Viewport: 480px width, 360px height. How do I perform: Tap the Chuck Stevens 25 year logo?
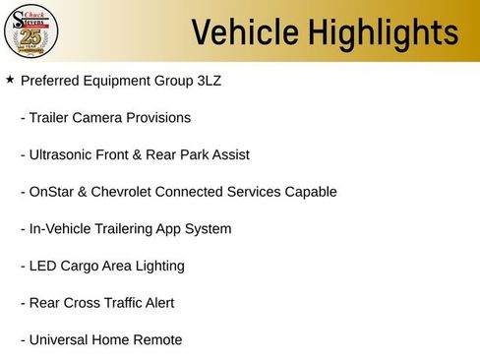pyautogui.click(x=31, y=31)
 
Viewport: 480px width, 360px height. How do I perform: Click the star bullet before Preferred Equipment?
pyautogui.click(x=10, y=80)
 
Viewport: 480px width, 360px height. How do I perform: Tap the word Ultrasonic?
pyautogui.click(x=64, y=154)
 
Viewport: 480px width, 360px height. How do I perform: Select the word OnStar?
pyautogui.click(x=53, y=192)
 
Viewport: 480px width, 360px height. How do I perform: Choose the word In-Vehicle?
pyautogui.click(x=61, y=229)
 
